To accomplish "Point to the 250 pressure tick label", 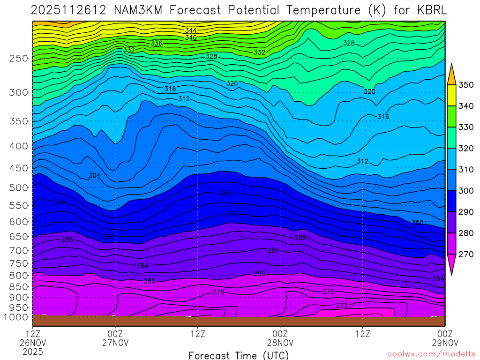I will point(19,59).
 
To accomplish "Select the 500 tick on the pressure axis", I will point(19,188).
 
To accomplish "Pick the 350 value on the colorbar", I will point(466,85).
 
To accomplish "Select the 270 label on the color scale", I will point(466,254).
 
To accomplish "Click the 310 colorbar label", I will point(466,170).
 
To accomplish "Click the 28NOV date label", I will point(280,342).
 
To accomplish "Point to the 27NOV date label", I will point(115,342).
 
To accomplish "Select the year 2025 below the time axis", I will point(33,351).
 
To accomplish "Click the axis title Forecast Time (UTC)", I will point(239,355).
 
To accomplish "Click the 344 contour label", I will point(191,30).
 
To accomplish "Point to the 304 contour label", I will point(95,176).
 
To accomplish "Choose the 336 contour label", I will point(157,43).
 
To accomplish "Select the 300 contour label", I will point(417,223).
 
